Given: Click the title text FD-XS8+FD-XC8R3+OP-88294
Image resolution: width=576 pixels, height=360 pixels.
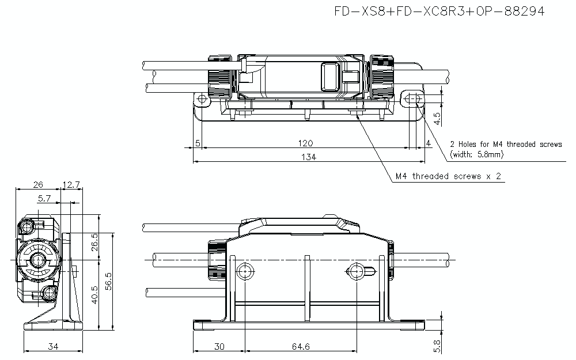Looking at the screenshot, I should coord(439,11).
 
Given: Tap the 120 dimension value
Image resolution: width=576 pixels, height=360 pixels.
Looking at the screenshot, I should coord(305,142).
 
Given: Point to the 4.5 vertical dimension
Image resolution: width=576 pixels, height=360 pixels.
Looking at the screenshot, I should coord(437,118).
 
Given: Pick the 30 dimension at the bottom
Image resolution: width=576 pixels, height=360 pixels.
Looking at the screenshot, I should coord(219,346).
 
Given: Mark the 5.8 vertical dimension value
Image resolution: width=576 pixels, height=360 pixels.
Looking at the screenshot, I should coord(437,346).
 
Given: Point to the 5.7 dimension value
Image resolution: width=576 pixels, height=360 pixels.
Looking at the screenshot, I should coord(44,198).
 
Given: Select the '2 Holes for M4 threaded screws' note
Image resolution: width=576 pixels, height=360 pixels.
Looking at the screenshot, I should coord(506,145).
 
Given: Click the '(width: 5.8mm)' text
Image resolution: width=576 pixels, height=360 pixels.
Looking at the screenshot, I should coord(476,155).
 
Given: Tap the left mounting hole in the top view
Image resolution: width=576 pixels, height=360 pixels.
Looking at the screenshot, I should coord(202,100).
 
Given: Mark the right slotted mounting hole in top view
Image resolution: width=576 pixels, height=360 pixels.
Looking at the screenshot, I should coord(414,100).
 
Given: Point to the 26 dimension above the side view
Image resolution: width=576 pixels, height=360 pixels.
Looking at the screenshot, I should coord(38,184).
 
